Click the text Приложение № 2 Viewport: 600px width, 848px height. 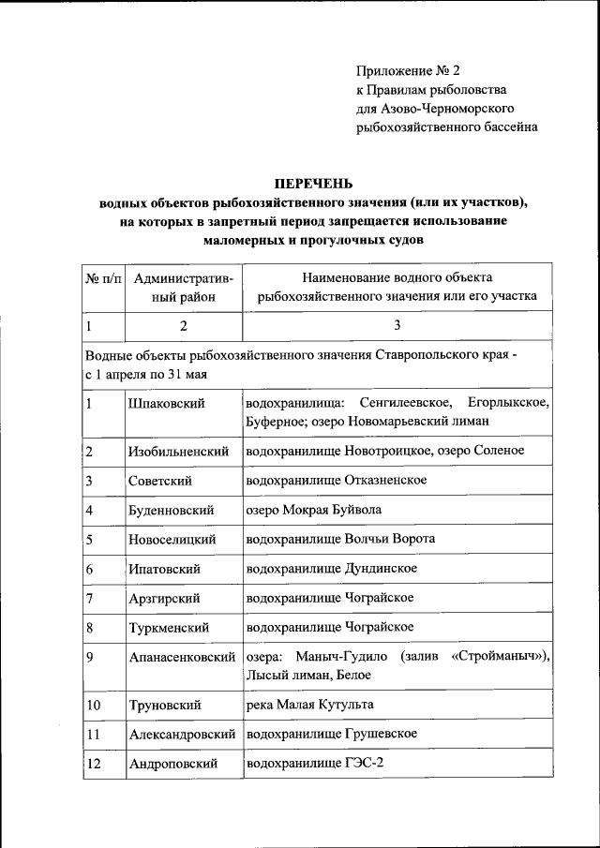(x=409, y=71)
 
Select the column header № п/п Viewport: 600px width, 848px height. (x=103, y=278)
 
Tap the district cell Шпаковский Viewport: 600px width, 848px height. (x=166, y=403)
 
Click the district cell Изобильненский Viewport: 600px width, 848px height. (x=179, y=452)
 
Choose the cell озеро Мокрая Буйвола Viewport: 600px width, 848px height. (x=313, y=510)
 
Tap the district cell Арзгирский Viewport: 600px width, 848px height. (x=168, y=598)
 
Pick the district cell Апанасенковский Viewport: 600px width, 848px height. (x=183, y=657)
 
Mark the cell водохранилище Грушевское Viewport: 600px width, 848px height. (x=331, y=734)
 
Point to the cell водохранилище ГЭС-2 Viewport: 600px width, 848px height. (x=314, y=764)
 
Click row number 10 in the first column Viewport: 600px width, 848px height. (x=93, y=705)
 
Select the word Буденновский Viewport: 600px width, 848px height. (x=172, y=511)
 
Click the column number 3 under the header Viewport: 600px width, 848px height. (x=397, y=325)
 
